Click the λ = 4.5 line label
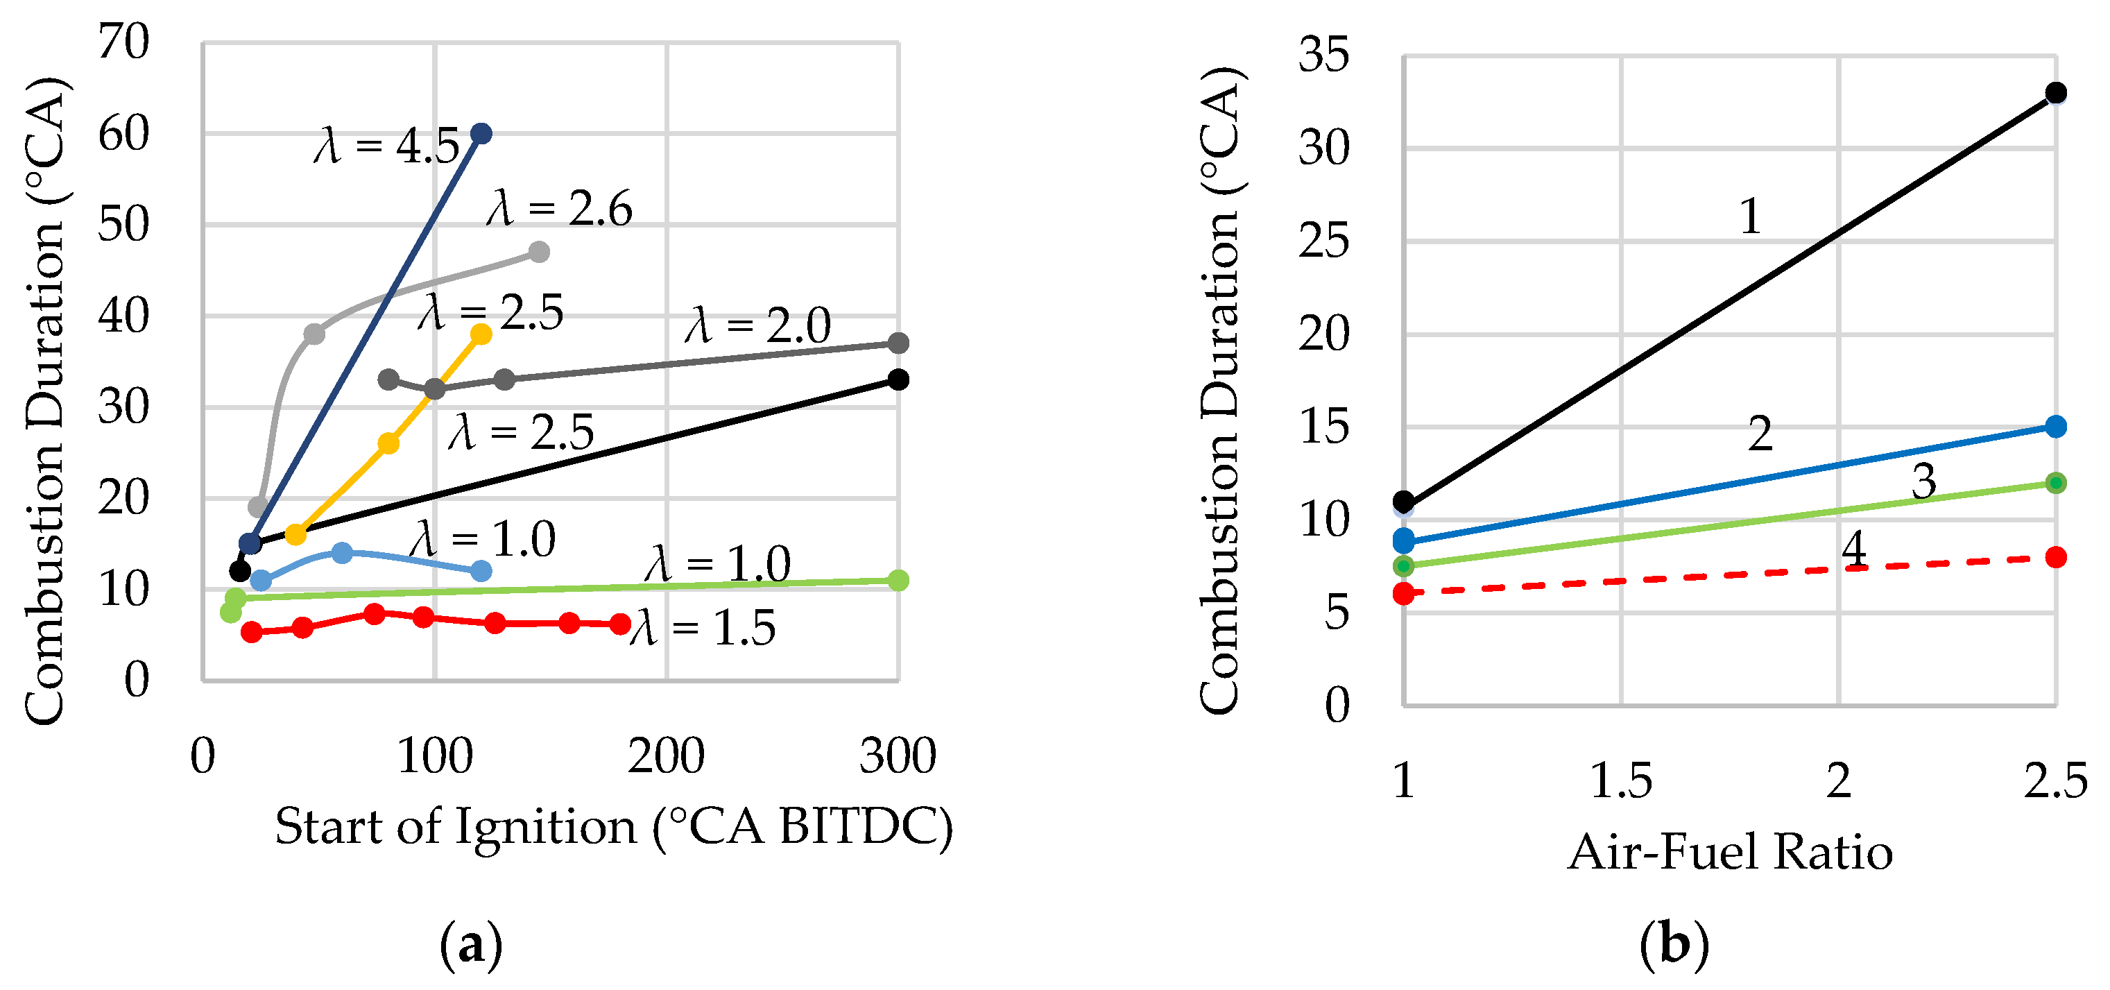(386, 146)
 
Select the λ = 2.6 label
(560, 209)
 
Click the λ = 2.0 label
(757, 325)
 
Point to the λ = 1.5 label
(703, 629)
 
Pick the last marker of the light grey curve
(538, 252)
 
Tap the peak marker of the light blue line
(343, 552)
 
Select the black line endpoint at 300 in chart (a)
(898, 379)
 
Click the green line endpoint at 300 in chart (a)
(898, 580)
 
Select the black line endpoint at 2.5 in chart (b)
(2055, 92)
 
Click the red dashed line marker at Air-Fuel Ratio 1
(1404, 592)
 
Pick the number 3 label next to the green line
(1923, 480)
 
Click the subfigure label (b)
(1674, 945)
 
